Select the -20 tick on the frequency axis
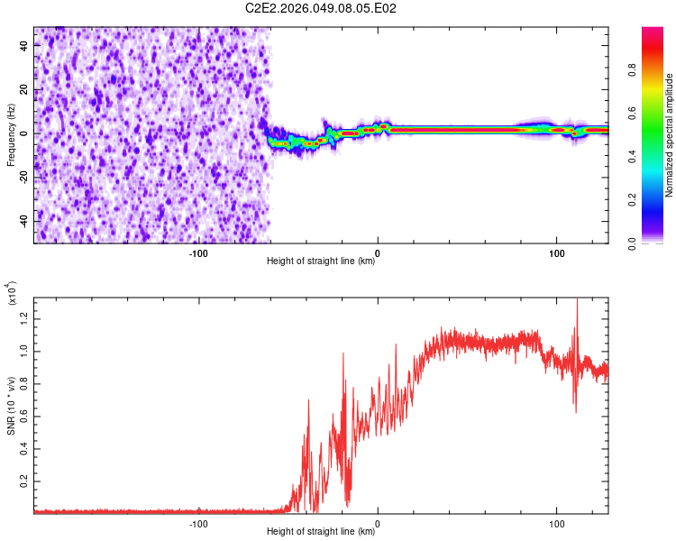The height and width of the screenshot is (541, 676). point(24,178)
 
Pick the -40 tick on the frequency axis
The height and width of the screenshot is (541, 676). point(24,221)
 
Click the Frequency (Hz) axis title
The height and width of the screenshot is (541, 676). point(11,134)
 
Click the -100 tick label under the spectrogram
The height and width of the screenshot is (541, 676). point(199,253)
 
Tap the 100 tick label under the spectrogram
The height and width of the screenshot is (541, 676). point(557,253)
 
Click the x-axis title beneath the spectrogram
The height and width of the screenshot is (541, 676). point(321,261)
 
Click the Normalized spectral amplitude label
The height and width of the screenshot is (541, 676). point(670,135)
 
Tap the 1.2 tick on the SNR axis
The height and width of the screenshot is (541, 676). point(24,316)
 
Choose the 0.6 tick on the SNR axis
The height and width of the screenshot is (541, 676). point(24,416)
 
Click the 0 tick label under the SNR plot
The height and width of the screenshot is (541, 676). point(378,523)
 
